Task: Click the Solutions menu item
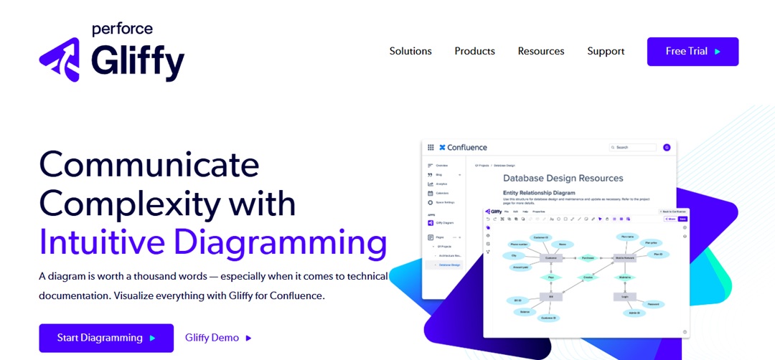[x=410, y=51]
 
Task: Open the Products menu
[x=474, y=51]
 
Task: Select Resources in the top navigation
[x=541, y=51]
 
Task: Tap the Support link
[x=606, y=51]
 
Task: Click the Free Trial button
[x=692, y=52]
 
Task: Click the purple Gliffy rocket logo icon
[x=60, y=60]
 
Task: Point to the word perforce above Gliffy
[x=122, y=29]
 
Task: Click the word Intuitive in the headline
[x=101, y=242]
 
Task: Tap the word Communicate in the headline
[x=149, y=165]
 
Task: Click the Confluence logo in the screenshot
[x=463, y=147]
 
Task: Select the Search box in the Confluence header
[x=632, y=147]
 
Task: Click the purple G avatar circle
[x=667, y=147]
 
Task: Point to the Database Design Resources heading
[x=563, y=178]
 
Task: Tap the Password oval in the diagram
[x=653, y=304]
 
